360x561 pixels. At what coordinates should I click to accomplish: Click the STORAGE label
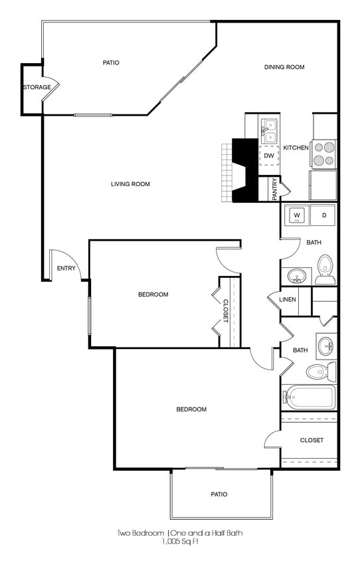(37, 87)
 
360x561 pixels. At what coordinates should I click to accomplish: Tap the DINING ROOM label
(284, 67)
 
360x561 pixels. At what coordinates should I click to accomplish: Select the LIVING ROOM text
(130, 184)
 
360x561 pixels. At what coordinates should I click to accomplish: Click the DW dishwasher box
(269, 156)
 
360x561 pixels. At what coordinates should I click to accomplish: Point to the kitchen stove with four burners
(323, 154)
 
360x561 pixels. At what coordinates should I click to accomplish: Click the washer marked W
(298, 215)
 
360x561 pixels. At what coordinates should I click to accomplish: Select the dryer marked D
(324, 215)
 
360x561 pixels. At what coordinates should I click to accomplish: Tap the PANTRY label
(274, 188)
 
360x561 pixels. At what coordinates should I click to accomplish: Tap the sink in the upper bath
(297, 275)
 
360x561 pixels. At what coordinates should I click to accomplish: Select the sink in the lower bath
(326, 346)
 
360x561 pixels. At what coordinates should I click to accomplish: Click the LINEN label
(288, 300)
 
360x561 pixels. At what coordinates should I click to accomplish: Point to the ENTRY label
(66, 269)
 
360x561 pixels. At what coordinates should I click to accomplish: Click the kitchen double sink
(268, 130)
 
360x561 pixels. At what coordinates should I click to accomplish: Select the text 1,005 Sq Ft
(180, 542)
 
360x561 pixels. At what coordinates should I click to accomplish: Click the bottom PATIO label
(219, 494)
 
